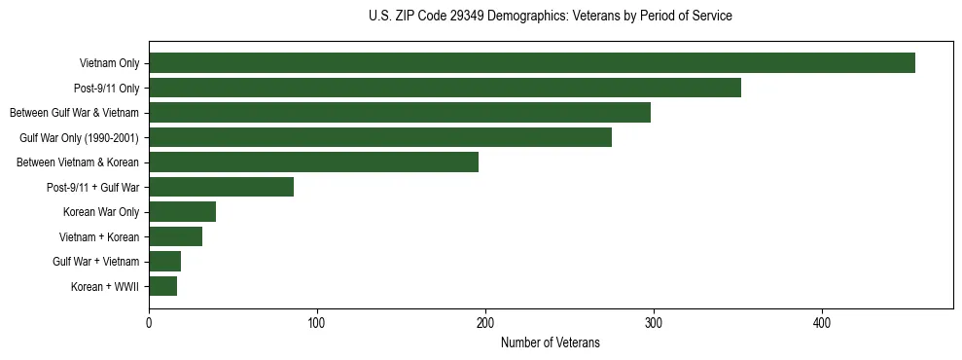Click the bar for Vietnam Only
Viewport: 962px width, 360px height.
tap(532, 63)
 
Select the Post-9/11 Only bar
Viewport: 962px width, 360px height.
tap(445, 88)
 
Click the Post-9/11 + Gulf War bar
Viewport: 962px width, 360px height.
tap(221, 187)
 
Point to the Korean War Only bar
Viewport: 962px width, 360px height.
tap(182, 212)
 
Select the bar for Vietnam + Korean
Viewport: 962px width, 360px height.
tap(175, 236)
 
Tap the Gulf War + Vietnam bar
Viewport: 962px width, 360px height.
tap(164, 261)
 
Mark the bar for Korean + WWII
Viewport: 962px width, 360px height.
tap(162, 286)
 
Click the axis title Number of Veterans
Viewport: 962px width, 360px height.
tap(550, 343)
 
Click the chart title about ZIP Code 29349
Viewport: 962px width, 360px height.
tap(550, 17)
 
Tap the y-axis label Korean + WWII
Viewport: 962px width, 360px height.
tap(105, 287)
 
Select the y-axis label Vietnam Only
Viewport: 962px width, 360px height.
tap(109, 64)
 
